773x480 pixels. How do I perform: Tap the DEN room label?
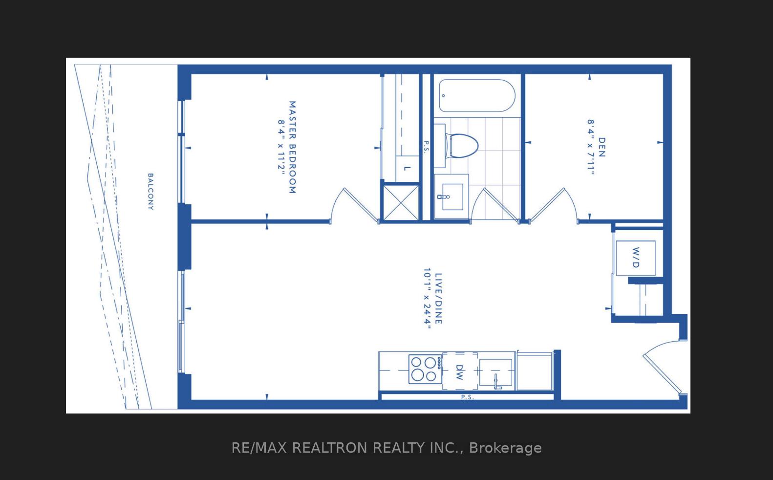tap(601, 147)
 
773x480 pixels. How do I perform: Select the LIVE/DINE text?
tap(438, 298)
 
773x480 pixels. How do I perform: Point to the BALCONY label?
tap(150, 191)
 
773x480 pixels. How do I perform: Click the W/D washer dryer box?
tap(635, 258)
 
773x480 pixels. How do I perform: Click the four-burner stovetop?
tap(424, 369)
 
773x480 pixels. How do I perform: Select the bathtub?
tap(476, 96)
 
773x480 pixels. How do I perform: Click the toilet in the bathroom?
tap(462, 145)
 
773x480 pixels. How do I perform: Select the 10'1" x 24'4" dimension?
tap(427, 298)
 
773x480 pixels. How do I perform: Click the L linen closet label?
tap(407, 169)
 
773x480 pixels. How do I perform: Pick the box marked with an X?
tap(400, 202)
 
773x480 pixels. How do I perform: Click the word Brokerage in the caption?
tap(505, 448)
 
